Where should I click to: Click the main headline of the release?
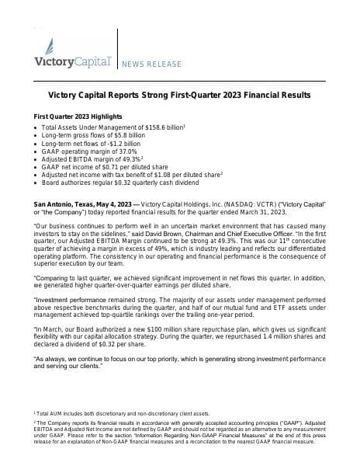click(x=179, y=95)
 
